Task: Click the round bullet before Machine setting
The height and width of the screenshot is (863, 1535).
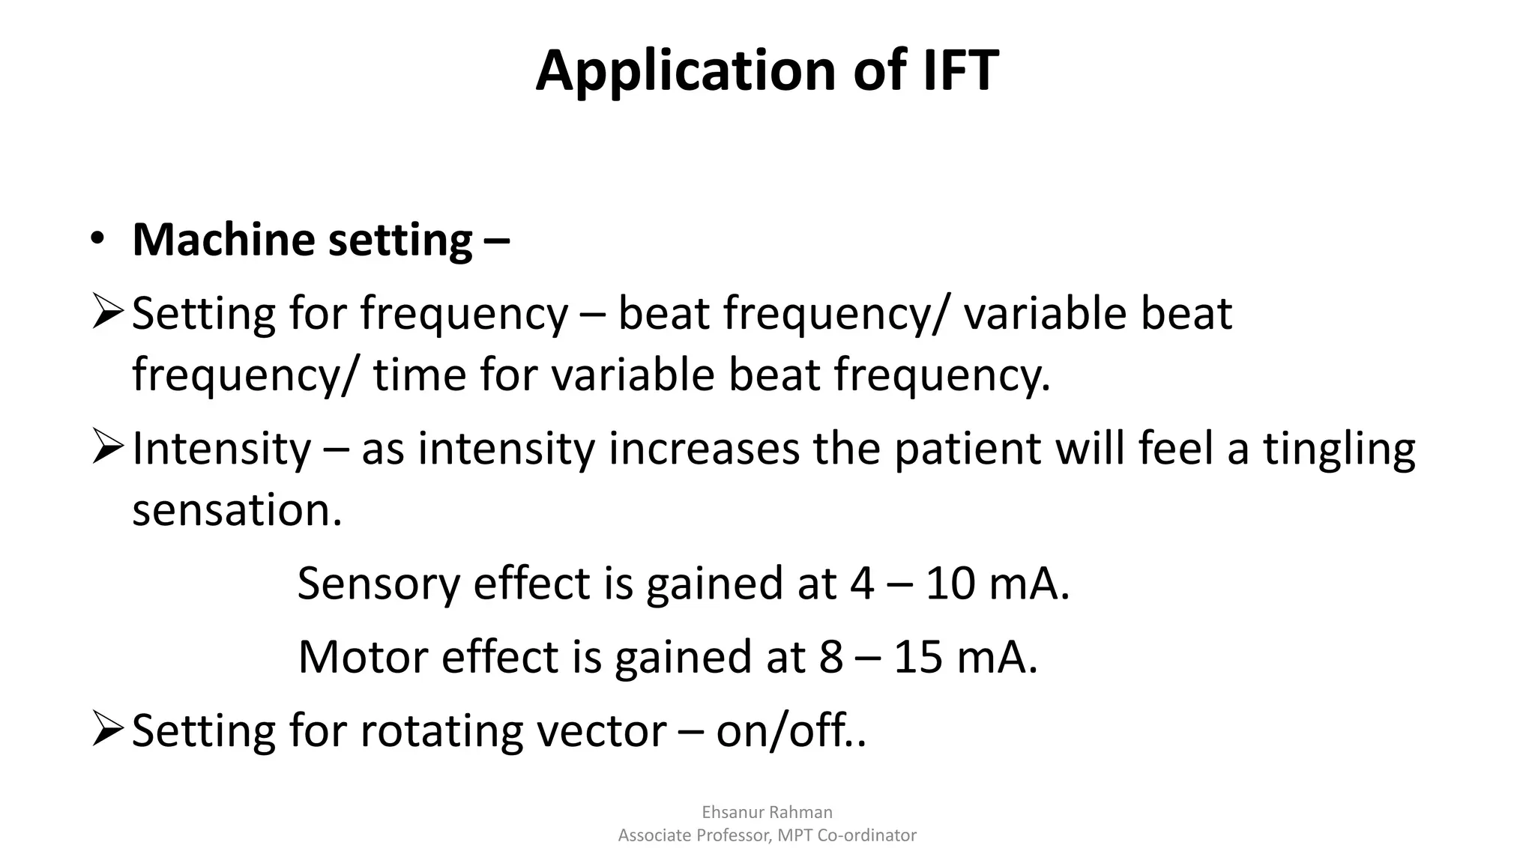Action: [97, 239]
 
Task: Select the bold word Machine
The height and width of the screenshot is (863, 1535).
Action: [223, 240]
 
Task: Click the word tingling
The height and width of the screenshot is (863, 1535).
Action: [1339, 449]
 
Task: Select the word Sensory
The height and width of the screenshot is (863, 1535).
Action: [378, 584]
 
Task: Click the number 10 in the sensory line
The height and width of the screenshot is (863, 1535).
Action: [950, 584]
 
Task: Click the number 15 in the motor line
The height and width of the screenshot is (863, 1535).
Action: [917, 657]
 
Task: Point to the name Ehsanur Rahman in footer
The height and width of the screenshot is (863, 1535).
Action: [767, 812]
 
